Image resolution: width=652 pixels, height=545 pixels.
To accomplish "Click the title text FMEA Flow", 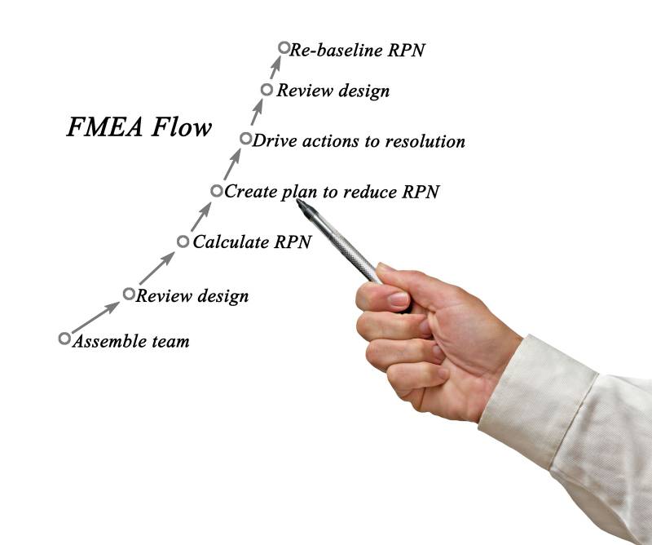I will click(139, 128).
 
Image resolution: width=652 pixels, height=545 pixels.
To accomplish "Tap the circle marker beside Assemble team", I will click(64, 339).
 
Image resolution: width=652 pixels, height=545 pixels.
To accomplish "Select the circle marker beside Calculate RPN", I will click(183, 241).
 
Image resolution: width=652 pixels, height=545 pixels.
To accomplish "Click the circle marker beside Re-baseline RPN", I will click(284, 48).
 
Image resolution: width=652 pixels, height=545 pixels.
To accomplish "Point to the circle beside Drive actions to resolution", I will click(246, 139).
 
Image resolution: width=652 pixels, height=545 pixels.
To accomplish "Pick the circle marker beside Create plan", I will click(216, 191).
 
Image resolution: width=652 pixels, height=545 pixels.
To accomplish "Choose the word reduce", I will click(368, 193).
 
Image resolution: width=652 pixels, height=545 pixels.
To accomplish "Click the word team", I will click(170, 341).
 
